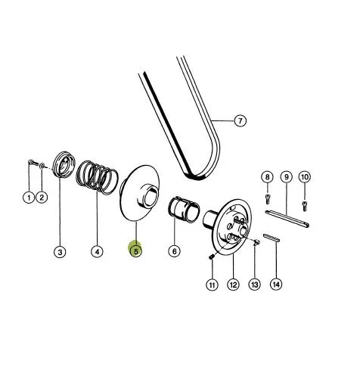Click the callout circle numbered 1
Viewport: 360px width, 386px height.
pos(29,197)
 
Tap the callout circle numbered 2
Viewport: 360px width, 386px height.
pos(42,197)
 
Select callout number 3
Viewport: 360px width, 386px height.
pos(60,252)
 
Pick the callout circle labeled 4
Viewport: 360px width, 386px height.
pos(97,251)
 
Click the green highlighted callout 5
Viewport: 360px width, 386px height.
pos(135,251)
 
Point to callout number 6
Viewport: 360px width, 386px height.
pos(175,251)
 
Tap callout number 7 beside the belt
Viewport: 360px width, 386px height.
pos(241,120)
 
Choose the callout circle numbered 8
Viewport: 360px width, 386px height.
pos(267,177)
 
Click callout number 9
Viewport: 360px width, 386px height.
pos(287,177)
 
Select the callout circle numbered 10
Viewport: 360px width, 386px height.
pos(305,177)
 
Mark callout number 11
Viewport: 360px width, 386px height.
pos(212,285)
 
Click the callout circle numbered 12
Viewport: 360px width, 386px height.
pos(233,285)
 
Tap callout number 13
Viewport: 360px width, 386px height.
pos(255,285)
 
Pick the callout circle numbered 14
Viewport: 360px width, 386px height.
pos(276,285)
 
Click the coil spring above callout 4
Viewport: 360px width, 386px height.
pos(97,177)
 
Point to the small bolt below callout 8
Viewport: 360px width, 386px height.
pos(268,199)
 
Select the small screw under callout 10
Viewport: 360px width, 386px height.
pos(305,206)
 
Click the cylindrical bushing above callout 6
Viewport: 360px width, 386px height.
pos(184,209)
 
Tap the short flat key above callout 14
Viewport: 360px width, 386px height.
pos(272,238)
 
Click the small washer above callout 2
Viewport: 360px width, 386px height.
pos(42,165)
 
